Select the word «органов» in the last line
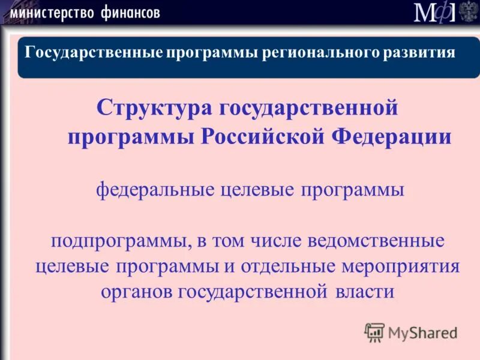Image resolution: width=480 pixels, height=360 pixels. click(136, 292)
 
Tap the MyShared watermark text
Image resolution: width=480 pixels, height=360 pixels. click(422, 332)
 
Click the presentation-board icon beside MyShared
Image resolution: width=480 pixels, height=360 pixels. click(374, 332)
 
